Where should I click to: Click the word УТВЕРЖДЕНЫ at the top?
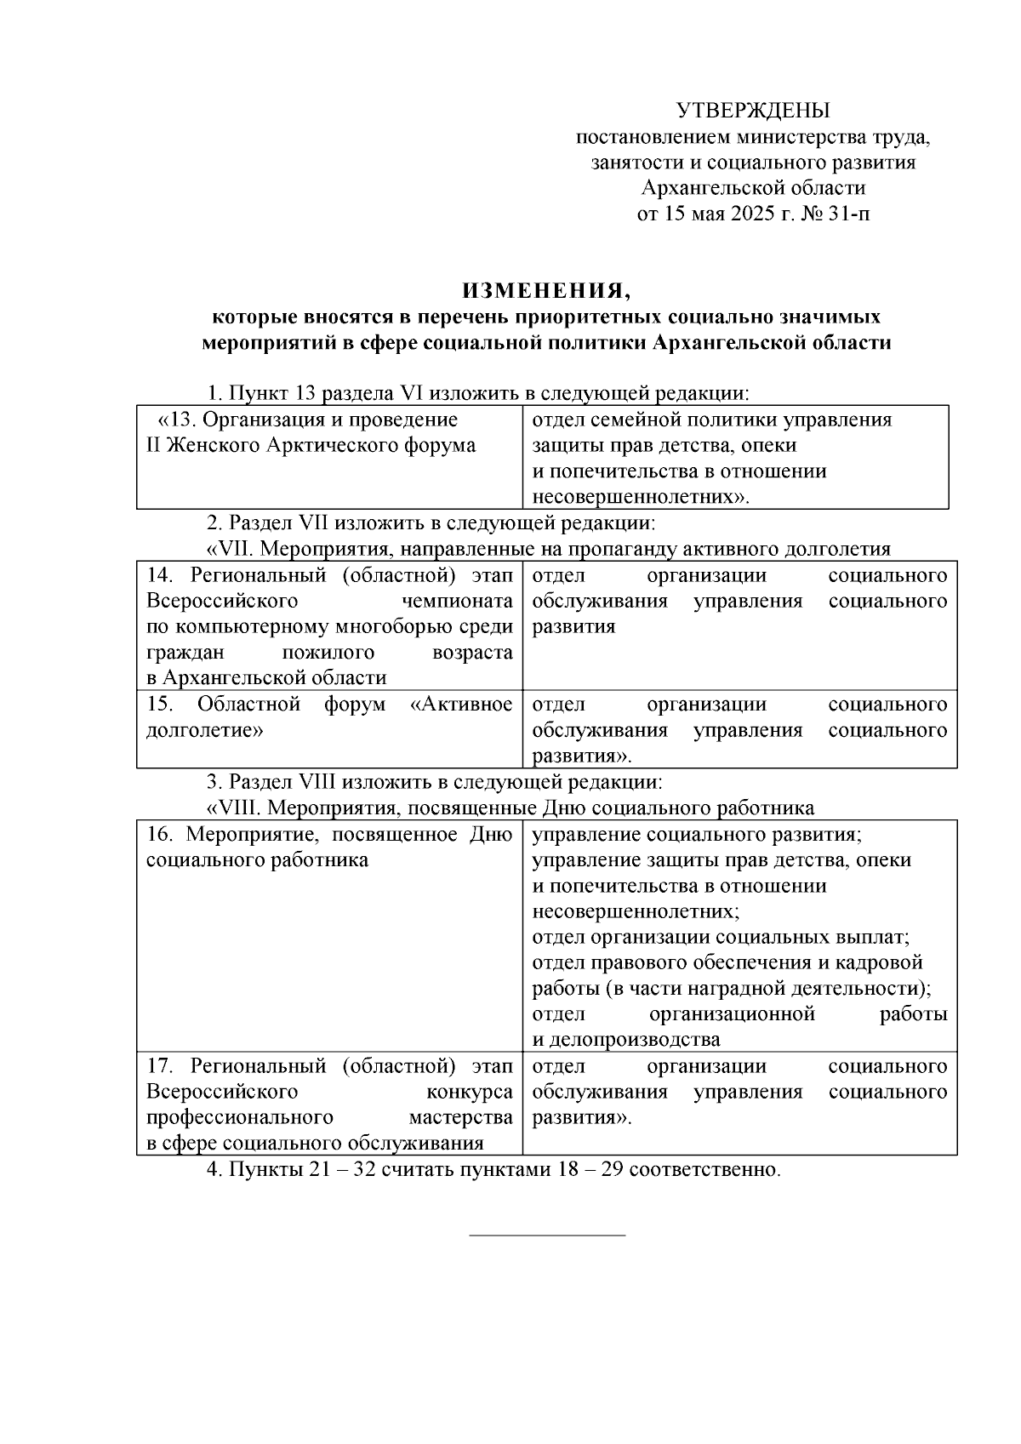(x=753, y=111)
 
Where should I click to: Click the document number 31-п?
(x=848, y=214)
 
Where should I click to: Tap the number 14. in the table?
(x=161, y=575)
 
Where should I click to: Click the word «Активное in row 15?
(x=461, y=705)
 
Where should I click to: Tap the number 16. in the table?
(x=161, y=834)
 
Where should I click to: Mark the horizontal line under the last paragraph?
(x=547, y=1235)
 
